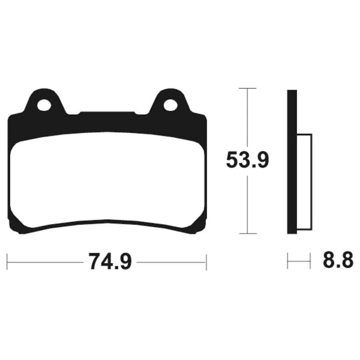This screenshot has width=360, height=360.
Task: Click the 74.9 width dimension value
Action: [x=111, y=262]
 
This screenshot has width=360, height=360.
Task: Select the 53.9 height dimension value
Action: [x=247, y=160]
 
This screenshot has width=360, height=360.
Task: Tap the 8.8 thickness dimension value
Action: [x=338, y=260]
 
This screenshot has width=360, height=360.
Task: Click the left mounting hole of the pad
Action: [x=44, y=105]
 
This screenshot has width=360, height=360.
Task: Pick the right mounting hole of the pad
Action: [x=171, y=105]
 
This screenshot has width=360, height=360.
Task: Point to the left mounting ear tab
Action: [x=45, y=101]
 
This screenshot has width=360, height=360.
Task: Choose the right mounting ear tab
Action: [x=171, y=101]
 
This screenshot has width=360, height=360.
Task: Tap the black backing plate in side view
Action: [x=292, y=162]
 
